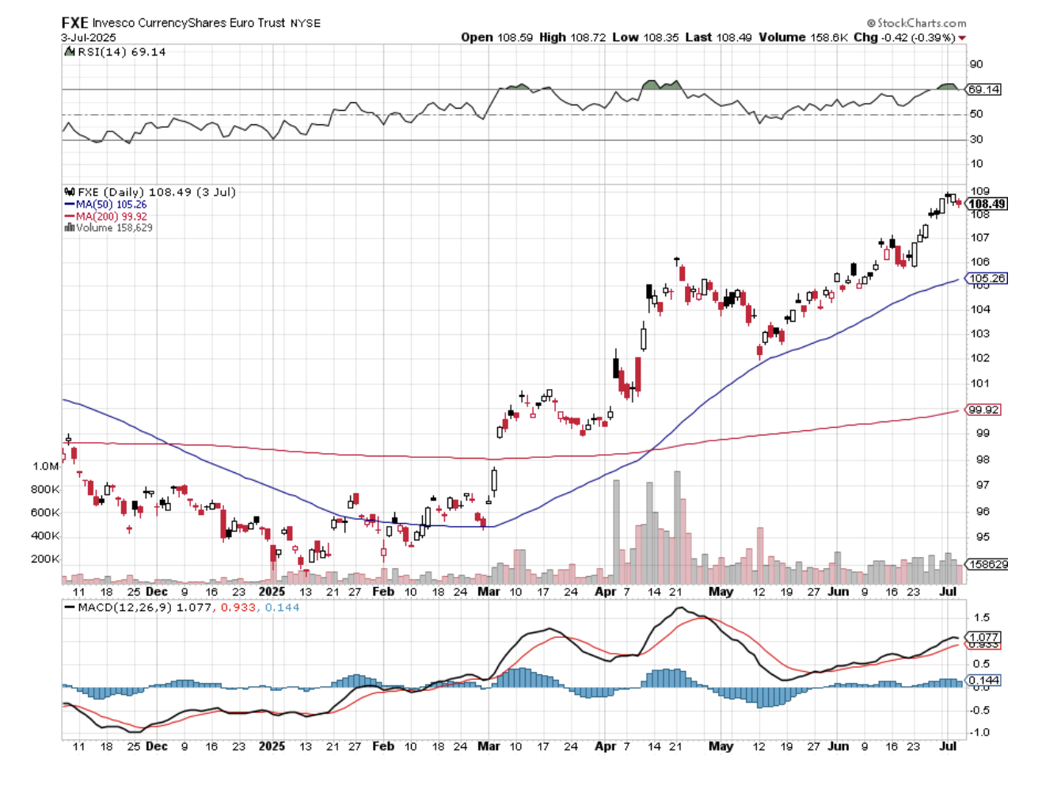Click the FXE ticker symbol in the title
(74, 23)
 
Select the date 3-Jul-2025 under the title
(89, 37)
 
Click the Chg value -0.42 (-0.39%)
(918, 37)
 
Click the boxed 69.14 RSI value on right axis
(983, 90)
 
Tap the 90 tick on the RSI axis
(976, 64)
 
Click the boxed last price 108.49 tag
(987, 204)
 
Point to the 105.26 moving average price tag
(987, 278)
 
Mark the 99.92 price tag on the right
(983, 410)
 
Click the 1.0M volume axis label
(46, 466)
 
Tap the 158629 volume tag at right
(987, 564)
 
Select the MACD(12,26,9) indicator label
(124, 608)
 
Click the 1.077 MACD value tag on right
(984, 637)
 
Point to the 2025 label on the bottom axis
(272, 746)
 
